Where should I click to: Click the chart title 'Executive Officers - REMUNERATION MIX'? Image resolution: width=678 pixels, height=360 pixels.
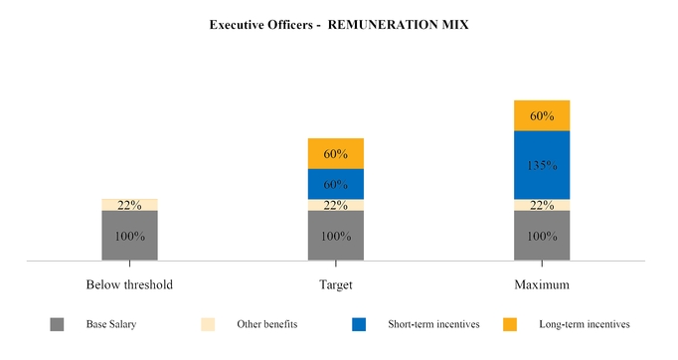coord(338,25)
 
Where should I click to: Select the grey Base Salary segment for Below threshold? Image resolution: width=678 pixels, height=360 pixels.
coord(129,236)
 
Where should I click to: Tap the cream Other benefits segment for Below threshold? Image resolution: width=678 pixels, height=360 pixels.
coord(129,205)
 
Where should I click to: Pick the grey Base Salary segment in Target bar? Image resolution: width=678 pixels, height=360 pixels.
coord(336,236)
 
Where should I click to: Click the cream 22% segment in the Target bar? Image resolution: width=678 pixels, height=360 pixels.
coord(336,205)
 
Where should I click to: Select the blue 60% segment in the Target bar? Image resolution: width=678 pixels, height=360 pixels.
coord(336,184)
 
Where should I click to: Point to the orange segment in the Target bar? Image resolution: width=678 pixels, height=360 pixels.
coord(336,153)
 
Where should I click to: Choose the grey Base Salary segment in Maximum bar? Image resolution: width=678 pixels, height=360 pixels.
coord(542,236)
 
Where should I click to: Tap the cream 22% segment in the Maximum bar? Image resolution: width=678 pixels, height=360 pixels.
coord(542,205)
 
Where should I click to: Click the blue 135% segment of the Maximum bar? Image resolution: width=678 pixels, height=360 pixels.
coord(542,165)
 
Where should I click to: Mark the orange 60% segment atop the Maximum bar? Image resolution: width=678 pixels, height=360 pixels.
coord(542,115)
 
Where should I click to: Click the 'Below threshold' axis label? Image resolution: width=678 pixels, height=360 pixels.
coord(129,284)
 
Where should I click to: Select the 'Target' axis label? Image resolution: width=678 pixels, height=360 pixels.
coord(336,284)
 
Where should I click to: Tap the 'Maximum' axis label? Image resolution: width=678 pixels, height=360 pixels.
coord(542,284)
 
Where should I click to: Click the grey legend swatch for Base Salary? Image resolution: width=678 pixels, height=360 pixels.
coord(57,324)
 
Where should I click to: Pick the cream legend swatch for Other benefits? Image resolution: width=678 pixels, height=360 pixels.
coord(208,324)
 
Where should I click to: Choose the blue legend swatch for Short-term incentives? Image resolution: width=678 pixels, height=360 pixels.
coord(359,324)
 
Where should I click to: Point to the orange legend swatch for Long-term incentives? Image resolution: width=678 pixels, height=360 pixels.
coord(510,324)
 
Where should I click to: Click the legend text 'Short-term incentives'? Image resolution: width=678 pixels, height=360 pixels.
coord(433,324)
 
